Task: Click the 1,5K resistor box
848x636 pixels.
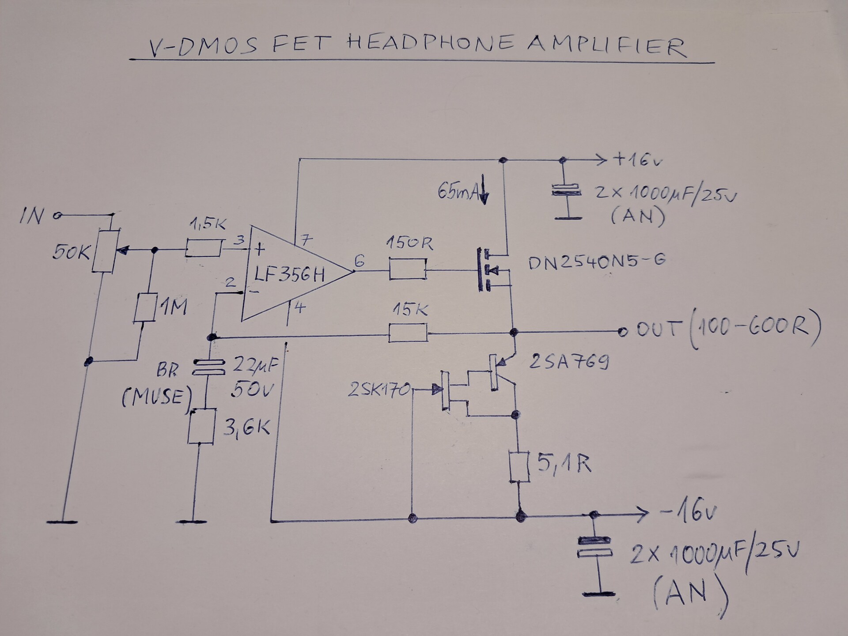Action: (x=203, y=248)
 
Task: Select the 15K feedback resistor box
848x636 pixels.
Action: (x=408, y=333)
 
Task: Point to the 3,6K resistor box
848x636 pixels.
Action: (x=201, y=426)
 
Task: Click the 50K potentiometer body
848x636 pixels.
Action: (x=104, y=251)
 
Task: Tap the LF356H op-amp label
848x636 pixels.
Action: (x=289, y=275)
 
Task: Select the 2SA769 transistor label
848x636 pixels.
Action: (x=569, y=362)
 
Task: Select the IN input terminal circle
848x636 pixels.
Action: (x=56, y=216)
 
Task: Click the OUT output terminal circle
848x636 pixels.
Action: (x=622, y=331)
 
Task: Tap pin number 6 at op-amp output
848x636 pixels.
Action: (x=359, y=261)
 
